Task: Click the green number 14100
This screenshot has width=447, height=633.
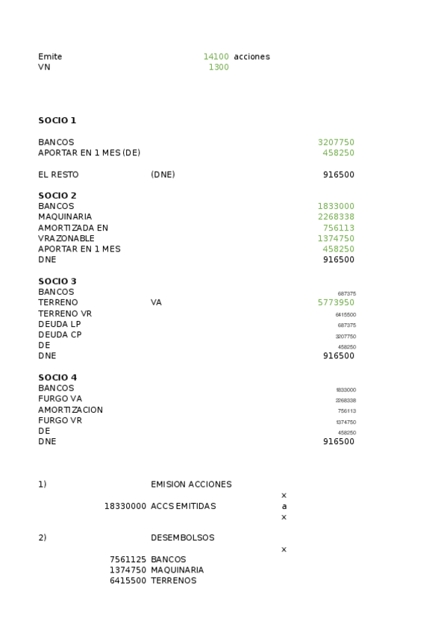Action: (x=216, y=57)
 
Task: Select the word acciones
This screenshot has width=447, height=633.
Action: (x=251, y=57)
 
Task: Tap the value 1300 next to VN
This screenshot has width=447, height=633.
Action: (x=219, y=67)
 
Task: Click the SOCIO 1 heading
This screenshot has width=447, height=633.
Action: (x=57, y=120)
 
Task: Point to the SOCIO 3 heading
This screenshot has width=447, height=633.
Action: (x=57, y=281)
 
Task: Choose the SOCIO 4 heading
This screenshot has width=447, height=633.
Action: (x=57, y=378)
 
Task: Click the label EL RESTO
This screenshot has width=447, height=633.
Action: (x=58, y=175)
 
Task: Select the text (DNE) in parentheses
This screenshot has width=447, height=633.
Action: (x=163, y=175)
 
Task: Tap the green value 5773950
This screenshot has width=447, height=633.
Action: (x=336, y=302)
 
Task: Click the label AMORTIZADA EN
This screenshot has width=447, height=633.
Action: (x=73, y=228)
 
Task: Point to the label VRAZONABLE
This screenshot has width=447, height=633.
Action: (x=66, y=239)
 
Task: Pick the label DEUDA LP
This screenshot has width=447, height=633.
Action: (x=60, y=324)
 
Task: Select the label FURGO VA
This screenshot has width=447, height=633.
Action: (x=60, y=399)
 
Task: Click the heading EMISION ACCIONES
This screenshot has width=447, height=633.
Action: (x=191, y=484)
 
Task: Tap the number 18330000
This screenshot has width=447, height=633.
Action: (x=125, y=506)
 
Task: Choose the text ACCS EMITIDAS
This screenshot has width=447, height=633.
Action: (x=183, y=506)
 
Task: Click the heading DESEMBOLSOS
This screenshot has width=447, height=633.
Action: (x=182, y=537)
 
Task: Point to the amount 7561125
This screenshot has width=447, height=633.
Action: (x=128, y=559)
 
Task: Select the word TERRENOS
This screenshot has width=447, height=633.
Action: (x=173, y=581)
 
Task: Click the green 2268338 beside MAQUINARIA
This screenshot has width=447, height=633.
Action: (x=336, y=217)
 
